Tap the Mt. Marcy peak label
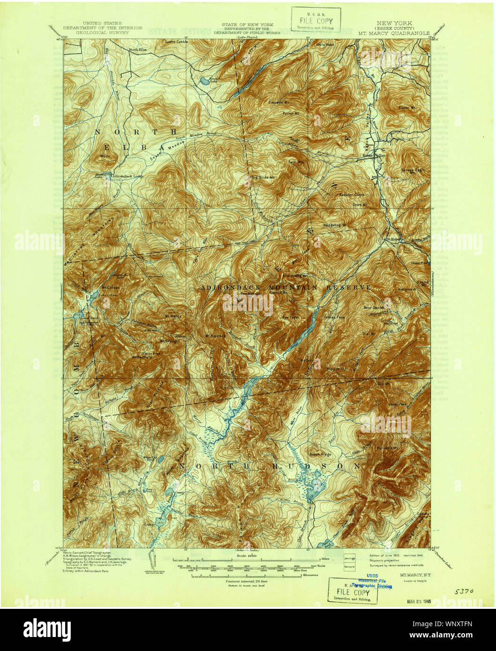coord(173,316)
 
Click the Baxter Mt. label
coord(407,108)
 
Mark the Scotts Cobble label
coord(176,41)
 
